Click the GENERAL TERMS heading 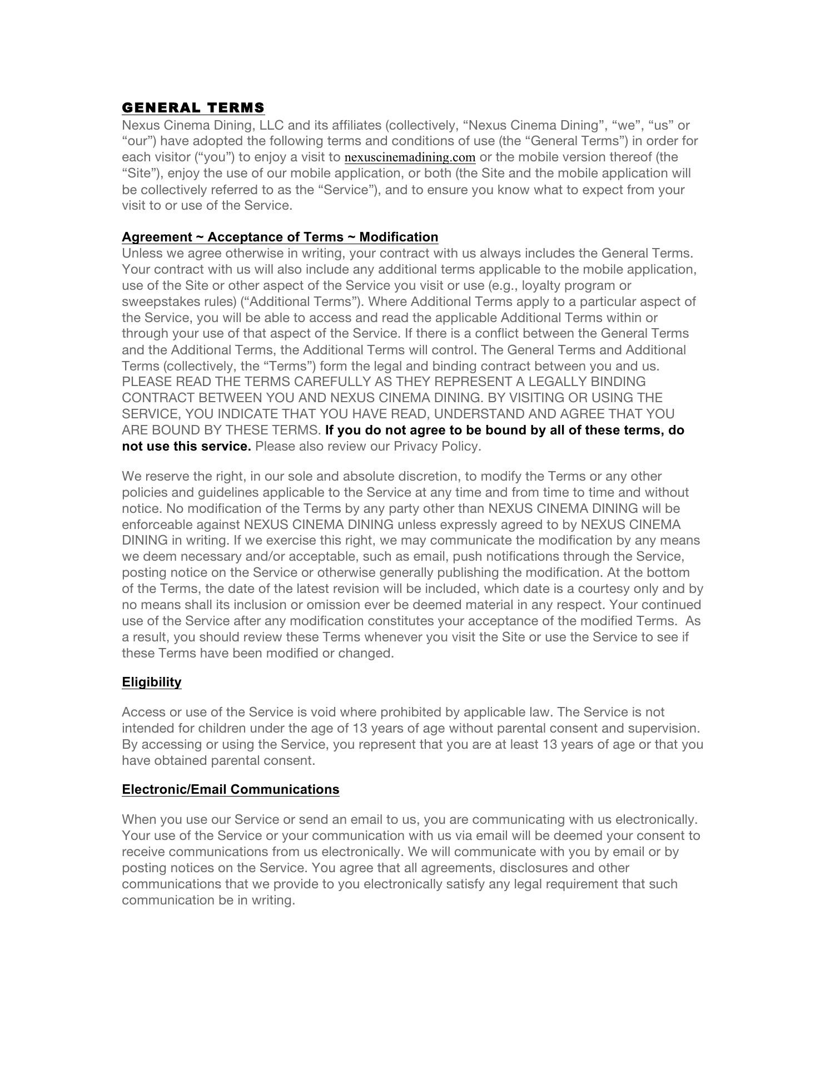coord(193,107)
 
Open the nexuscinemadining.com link coord(410,157)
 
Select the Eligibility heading coord(151,682)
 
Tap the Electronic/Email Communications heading coord(230,789)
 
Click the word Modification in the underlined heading coord(399,237)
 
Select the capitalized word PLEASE coord(147,382)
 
